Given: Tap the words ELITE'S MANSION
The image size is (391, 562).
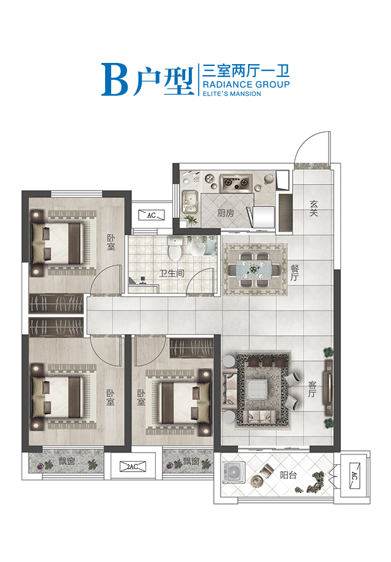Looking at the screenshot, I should (231, 94).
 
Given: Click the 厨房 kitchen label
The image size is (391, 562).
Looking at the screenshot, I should (225, 214).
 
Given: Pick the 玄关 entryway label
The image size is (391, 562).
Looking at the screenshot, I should (315, 208).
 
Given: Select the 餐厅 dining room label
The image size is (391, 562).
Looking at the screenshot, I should (294, 272).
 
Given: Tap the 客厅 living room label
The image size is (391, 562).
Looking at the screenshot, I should (312, 390).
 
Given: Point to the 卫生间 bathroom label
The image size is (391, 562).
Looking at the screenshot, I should (172, 274).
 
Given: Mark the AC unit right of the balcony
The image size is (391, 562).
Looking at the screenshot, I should (354, 475).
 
